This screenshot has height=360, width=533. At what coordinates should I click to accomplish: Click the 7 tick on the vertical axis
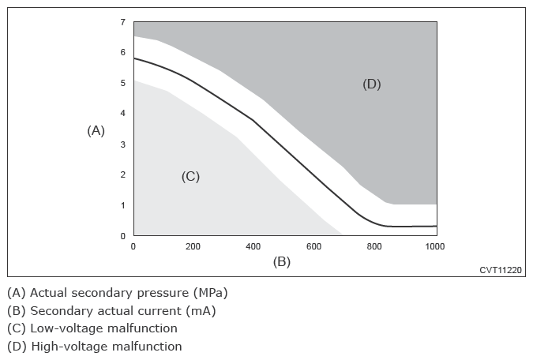[122, 22]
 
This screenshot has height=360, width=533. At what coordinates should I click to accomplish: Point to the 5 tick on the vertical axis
[122, 83]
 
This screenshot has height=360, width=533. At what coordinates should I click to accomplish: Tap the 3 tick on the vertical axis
[122, 144]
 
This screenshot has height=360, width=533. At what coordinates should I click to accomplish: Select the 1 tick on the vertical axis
[122, 205]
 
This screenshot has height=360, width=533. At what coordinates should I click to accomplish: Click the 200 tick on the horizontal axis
[193, 246]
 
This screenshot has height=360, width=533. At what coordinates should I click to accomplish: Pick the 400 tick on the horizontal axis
[253, 246]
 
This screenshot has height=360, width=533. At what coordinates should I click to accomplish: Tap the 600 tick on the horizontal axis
[314, 246]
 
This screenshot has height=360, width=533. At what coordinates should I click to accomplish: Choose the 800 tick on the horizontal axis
[374, 246]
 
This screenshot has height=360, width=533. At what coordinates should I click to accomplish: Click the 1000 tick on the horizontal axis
[434, 246]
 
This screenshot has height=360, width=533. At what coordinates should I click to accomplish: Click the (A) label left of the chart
[96, 131]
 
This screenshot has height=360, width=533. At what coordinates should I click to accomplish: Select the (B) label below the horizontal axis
[282, 261]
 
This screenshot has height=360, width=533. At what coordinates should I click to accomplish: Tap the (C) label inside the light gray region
[190, 177]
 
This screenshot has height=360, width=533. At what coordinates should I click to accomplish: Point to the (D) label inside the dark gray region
[371, 84]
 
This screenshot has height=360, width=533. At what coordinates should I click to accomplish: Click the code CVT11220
[501, 270]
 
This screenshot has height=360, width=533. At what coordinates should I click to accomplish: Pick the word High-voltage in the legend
[68, 347]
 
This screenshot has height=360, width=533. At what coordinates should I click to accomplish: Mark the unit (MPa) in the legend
[212, 293]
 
